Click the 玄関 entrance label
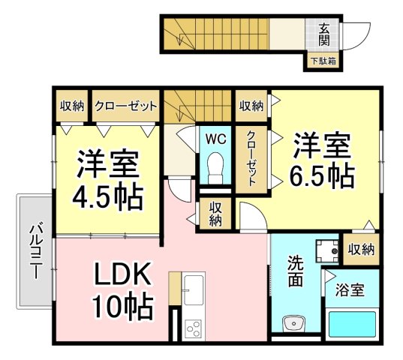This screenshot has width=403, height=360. tap(324, 34)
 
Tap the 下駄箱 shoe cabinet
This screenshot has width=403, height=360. tap(323, 61)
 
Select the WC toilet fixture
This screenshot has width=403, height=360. tap(215, 168)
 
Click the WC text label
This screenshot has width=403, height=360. tap(215, 139)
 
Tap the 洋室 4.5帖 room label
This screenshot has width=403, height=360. tap(107, 179)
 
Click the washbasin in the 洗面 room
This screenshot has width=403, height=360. tap(293, 323)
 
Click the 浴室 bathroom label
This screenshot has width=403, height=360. tap(350, 290)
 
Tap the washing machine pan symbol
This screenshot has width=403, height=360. tap(327, 250)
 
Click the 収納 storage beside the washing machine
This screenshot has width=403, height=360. tap(362, 249)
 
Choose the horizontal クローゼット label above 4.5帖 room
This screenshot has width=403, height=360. tap(125, 106)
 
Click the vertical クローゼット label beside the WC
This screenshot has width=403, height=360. tap(251, 158)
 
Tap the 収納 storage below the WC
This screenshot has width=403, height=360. tap(215, 214)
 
